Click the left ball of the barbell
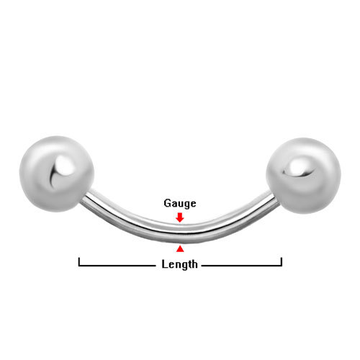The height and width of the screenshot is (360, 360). click(57, 174)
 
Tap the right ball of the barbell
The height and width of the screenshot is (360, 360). click(303, 176)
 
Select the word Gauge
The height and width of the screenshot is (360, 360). click(180, 204)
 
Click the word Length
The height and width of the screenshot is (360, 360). click(179, 264)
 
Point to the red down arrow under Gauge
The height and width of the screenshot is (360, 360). click(180, 217)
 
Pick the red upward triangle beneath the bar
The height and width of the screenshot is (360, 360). click(180, 249)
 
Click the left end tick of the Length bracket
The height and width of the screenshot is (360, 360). click(79, 261)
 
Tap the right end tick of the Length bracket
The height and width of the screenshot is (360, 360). click(282, 261)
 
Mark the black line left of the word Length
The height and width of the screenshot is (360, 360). click(117, 266)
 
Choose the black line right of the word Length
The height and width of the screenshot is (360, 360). click(242, 266)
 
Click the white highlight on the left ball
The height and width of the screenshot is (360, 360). click(64, 165)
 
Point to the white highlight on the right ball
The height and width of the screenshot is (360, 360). click(297, 167)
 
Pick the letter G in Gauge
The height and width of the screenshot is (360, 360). click(167, 203)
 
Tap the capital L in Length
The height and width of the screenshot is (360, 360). click(164, 264)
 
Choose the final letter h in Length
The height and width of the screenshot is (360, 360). click(194, 264)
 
